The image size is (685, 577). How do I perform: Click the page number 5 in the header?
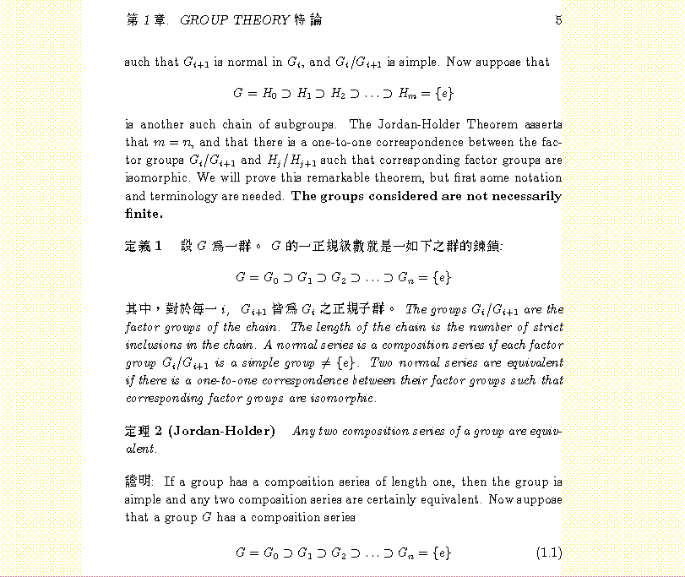tap(558, 20)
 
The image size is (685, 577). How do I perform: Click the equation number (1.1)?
tap(549, 553)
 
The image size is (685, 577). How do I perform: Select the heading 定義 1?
tap(143, 246)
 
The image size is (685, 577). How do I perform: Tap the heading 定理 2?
tap(143, 432)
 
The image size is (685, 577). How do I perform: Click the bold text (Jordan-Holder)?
tap(222, 432)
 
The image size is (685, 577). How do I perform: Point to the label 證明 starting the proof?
tap(139, 482)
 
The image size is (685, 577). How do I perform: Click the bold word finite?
tap(142, 214)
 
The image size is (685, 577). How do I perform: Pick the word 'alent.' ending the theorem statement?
tap(141, 449)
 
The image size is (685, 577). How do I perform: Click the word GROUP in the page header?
tap(204, 20)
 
